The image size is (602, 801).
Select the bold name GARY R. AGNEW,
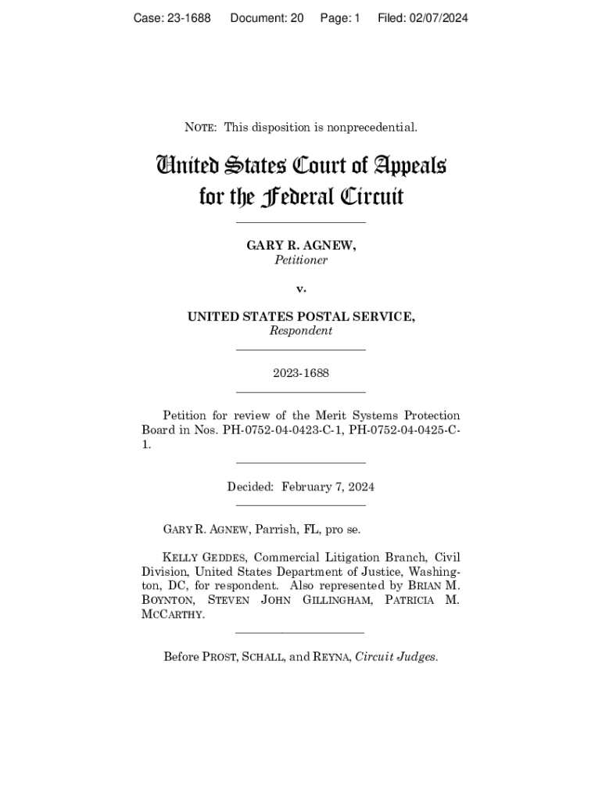pos(301,246)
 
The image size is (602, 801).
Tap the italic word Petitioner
pos(301,260)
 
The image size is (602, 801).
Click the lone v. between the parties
pos(301,289)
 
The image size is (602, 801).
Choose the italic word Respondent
pos(301,331)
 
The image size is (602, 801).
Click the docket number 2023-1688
pos(301,373)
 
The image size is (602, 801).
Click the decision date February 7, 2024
pos(328,487)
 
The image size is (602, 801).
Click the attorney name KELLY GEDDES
pos(206,558)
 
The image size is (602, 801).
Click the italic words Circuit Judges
pos(396,657)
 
